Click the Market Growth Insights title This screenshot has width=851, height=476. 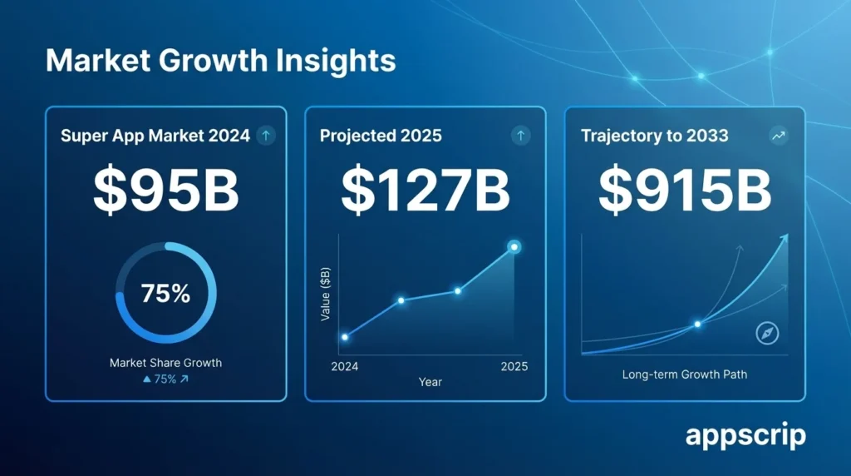click(x=220, y=61)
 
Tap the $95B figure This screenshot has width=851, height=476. click(x=165, y=190)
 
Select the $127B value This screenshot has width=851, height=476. click(x=425, y=190)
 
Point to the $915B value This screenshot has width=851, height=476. click(x=685, y=190)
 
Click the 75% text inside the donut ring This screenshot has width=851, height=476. click(x=165, y=294)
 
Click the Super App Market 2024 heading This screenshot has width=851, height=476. click(x=155, y=136)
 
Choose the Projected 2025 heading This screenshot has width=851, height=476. click(x=381, y=136)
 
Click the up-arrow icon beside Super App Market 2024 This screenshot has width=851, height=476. click(x=266, y=136)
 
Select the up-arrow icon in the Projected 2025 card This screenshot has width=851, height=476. click(x=521, y=136)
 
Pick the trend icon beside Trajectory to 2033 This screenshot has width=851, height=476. click(x=779, y=136)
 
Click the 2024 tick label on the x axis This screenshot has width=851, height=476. click(x=345, y=367)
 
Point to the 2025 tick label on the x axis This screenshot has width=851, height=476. click(x=514, y=367)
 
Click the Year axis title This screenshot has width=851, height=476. click(x=430, y=382)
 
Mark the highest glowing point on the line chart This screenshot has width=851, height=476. click(x=514, y=246)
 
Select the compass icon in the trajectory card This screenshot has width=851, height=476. click(x=767, y=334)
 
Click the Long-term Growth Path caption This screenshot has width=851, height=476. click(x=685, y=374)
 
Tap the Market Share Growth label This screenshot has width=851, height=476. click(x=165, y=363)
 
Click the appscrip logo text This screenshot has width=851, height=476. click(x=745, y=436)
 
